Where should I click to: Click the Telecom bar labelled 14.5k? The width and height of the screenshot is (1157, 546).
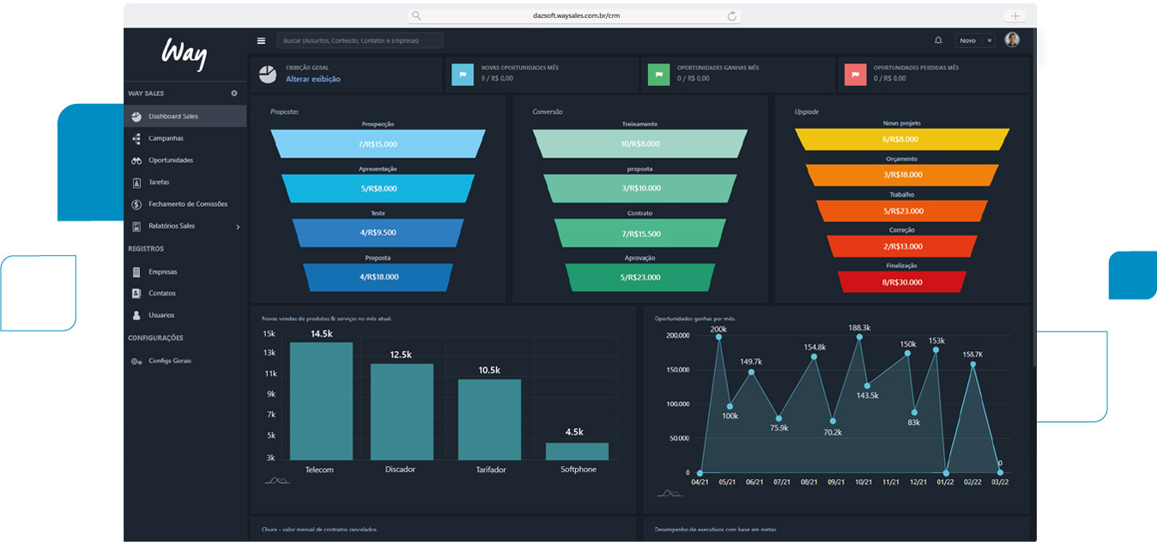coord(321,401)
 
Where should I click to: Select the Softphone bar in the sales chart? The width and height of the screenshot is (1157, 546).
coord(577,452)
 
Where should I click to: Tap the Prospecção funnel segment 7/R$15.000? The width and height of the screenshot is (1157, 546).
coord(378,144)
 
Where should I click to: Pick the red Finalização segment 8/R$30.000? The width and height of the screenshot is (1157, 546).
coord(901,282)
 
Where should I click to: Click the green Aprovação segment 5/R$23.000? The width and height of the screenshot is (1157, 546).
coord(639,277)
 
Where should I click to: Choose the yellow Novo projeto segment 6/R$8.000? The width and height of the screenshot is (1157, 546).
coord(901,139)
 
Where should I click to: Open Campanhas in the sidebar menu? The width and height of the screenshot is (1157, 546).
coord(166,138)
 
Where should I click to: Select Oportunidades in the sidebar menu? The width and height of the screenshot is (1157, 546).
coord(171,161)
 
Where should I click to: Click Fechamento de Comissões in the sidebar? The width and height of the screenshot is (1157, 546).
coord(188,204)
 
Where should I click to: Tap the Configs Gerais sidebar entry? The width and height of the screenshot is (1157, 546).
coord(170,361)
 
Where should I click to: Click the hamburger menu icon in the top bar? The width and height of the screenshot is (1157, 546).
coord(261,40)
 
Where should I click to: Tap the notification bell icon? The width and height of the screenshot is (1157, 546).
coord(938,40)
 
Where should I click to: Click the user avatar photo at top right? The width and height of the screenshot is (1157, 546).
coord(1012,40)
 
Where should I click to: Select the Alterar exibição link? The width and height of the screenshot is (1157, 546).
coord(313,79)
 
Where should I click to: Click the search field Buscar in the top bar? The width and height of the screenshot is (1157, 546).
coord(360,40)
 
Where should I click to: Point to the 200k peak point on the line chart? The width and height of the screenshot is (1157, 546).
coord(718,337)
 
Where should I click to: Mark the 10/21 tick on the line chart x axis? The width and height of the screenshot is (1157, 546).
coord(863,482)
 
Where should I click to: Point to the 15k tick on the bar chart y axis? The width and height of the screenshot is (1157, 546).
coord(269,334)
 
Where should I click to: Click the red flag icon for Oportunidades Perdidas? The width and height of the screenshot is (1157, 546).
coord(855,74)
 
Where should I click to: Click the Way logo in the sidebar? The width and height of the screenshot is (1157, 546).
coord(185,55)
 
